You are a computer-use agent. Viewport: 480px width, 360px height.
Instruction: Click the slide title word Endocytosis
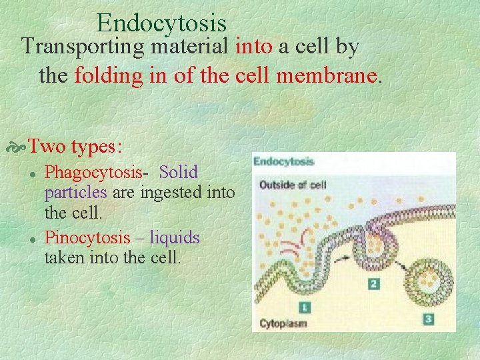[161, 23]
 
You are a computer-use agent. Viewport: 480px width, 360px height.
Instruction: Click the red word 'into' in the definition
[253, 47]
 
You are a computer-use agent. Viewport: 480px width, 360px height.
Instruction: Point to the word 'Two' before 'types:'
[46, 145]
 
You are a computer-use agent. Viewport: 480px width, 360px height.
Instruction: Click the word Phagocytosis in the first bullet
[93, 173]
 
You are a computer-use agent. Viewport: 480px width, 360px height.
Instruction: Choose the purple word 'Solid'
[179, 172]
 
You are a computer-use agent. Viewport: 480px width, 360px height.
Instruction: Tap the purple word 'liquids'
[174, 237]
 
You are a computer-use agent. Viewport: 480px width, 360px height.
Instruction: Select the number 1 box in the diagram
[305, 307]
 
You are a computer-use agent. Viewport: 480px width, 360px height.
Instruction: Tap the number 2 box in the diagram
[374, 284]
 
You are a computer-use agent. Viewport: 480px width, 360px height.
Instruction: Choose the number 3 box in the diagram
[428, 319]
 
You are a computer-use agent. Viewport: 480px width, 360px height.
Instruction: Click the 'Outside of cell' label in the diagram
[293, 184]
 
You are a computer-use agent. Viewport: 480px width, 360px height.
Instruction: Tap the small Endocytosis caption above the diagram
[283, 161]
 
